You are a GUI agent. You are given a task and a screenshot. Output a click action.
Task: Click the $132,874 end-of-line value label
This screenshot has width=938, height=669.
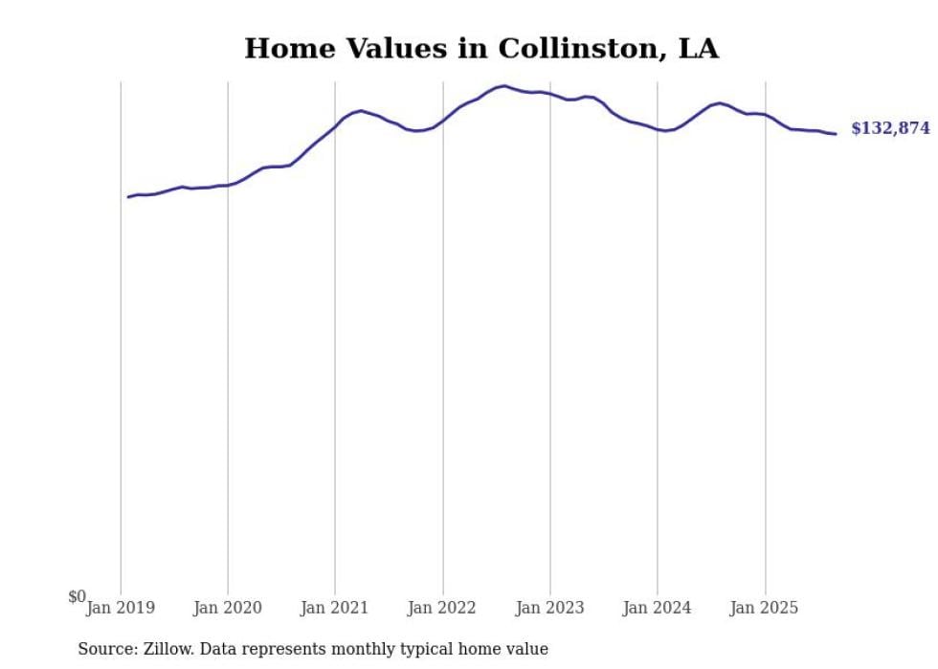(889, 128)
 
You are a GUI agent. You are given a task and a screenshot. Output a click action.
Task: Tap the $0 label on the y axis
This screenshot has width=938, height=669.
(77, 596)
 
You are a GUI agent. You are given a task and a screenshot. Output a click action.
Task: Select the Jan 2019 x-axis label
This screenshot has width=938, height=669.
(121, 608)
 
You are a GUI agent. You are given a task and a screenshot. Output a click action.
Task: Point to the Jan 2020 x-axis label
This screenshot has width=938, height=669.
(228, 608)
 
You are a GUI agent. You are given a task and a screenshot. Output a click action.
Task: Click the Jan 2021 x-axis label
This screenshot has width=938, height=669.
(335, 608)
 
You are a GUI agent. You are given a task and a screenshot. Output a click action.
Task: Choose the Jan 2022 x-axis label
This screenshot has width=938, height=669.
(442, 608)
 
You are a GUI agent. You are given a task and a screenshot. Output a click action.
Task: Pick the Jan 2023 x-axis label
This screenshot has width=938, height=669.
(549, 608)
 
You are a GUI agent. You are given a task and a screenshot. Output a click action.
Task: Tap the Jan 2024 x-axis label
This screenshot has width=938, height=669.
(657, 608)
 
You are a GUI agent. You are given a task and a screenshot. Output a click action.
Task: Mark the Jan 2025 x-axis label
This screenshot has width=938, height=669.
(764, 608)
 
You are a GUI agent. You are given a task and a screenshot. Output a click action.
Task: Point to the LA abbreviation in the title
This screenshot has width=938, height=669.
(698, 49)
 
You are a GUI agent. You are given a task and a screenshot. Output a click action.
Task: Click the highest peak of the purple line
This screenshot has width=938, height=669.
(504, 86)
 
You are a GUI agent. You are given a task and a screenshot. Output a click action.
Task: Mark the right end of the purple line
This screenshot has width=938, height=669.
(836, 134)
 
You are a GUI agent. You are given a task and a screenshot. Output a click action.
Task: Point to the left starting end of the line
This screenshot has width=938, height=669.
(128, 197)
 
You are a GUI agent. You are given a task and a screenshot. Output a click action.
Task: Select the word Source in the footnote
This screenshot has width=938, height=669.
(105, 649)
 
